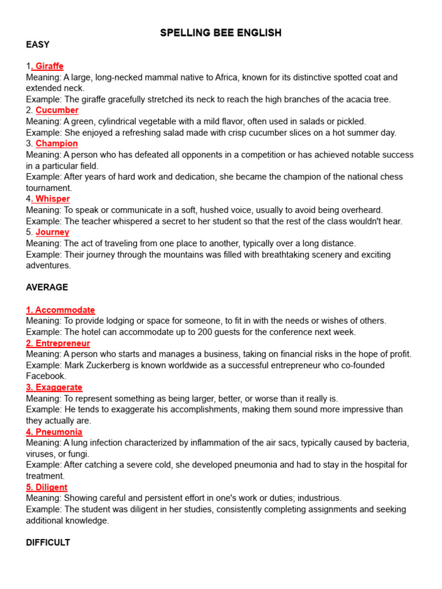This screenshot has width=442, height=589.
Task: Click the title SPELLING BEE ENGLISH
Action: click(x=221, y=33)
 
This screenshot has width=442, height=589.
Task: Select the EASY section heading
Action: click(x=38, y=44)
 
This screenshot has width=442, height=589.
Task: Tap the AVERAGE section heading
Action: click(x=47, y=287)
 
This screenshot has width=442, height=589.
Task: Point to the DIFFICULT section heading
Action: click(x=48, y=542)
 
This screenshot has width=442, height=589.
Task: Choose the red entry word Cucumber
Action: click(x=57, y=110)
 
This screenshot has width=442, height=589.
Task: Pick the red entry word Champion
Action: click(x=56, y=144)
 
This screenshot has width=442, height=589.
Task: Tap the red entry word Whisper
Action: click(x=52, y=199)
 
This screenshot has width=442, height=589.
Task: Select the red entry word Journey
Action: click(x=52, y=232)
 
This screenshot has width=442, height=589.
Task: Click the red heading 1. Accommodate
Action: click(x=60, y=310)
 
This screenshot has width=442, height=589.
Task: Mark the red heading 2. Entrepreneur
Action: click(x=58, y=343)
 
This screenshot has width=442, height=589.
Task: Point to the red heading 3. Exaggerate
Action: click(x=54, y=388)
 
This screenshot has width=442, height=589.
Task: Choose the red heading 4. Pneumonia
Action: click(x=54, y=432)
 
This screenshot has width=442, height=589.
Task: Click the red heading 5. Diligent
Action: click(x=47, y=487)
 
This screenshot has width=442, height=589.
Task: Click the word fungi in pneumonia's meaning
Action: click(x=78, y=454)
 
